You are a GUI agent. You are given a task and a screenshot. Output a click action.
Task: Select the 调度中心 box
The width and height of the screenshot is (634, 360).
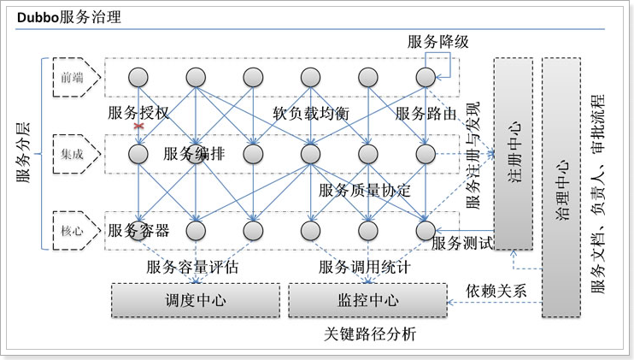coord(195,301)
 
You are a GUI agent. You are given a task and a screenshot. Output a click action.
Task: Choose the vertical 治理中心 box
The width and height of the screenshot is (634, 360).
coord(561,188)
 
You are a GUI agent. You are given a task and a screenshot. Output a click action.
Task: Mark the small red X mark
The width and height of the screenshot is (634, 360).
coord(138,126)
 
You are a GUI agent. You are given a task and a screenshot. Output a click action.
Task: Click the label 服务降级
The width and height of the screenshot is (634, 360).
coord(437,41)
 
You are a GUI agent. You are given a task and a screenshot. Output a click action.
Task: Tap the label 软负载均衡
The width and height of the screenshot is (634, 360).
coord(311,114)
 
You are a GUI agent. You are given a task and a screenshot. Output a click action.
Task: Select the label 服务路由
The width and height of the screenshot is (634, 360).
coord(426,114)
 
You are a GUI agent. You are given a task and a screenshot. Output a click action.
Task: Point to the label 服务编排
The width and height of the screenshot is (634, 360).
coord(194,154)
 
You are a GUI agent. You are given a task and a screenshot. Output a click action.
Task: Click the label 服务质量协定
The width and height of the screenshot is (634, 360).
coord(365,190)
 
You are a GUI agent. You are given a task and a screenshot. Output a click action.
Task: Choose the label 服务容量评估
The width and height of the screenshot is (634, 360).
coord(192,268)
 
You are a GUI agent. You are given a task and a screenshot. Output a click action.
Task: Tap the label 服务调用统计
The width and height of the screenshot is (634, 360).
coord(365,268)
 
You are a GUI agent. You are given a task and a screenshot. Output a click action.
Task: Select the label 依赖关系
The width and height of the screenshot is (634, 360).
coord(496,290)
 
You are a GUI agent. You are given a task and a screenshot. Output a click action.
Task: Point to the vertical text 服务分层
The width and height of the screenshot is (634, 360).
coord(25,154)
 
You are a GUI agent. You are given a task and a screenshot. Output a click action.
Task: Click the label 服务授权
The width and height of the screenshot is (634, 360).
coord(138,114)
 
